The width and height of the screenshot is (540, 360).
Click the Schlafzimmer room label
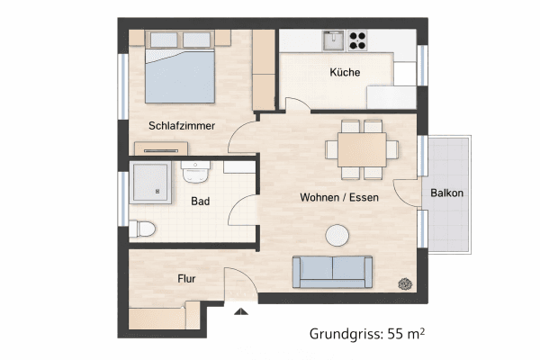click(182, 126)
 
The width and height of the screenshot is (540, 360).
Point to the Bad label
click(200, 202)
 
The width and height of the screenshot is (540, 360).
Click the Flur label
click(185, 279)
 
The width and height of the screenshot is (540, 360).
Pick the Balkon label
click(447, 193)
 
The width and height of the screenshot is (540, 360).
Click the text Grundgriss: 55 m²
click(366, 334)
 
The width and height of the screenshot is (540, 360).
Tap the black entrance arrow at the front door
click(239, 312)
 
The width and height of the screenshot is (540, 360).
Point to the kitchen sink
click(333, 39)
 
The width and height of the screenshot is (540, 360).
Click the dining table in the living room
click(362, 147)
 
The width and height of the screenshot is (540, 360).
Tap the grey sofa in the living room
click(332, 270)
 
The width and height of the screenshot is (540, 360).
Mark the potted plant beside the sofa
click(405, 283)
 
